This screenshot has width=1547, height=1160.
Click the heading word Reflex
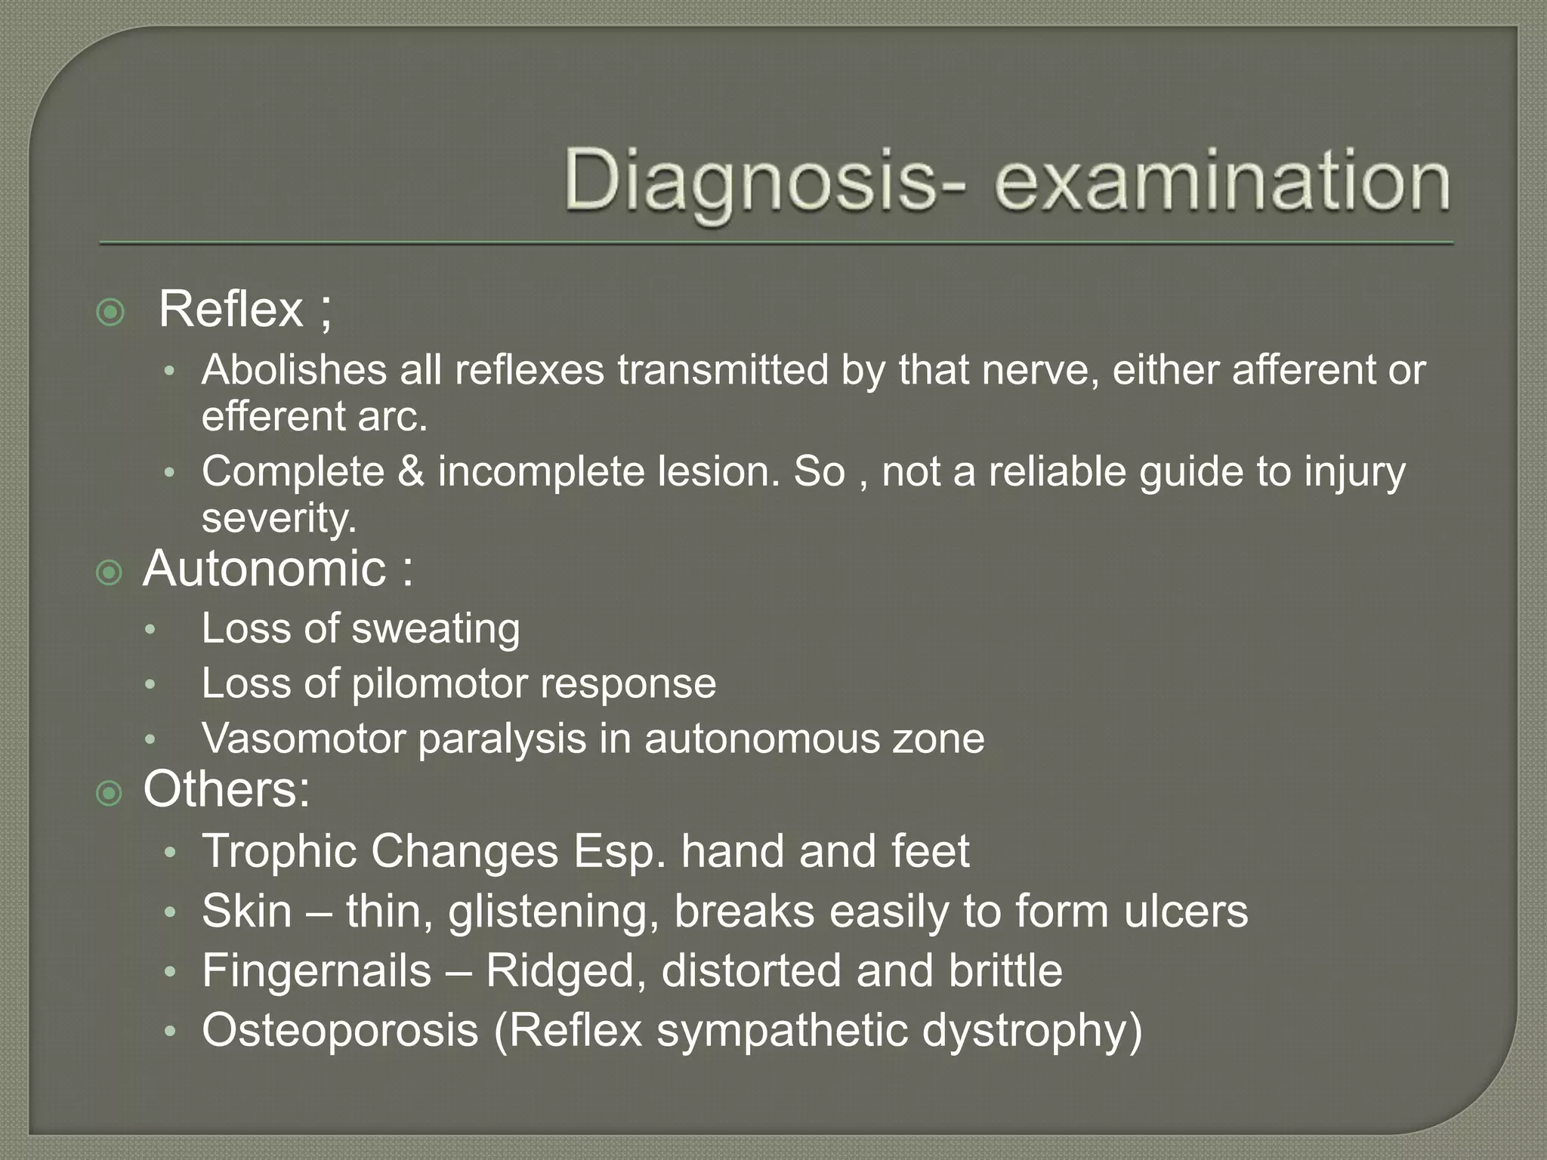tap(231, 309)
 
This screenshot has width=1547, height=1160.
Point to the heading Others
tap(226, 789)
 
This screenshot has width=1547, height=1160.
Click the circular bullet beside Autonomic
tap(110, 573)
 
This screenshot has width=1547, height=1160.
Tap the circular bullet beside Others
tap(110, 794)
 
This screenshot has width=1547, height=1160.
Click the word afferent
tap(1300, 370)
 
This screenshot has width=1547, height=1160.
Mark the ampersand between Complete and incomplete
tap(411, 472)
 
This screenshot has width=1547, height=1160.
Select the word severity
tap(278, 518)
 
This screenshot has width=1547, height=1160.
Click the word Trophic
tap(279, 851)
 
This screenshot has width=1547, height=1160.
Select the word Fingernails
tap(316, 970)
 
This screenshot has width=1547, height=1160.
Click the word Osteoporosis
tap(340, 1030)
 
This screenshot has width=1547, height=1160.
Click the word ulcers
tap(1186, 912)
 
